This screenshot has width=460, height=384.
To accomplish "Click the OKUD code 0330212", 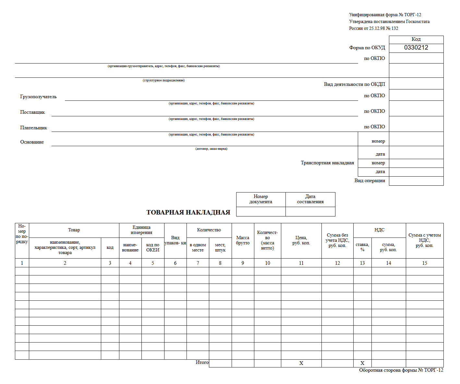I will [x=416, y=48].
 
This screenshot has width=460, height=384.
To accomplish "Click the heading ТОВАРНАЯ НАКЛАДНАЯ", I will [x=188, y=212].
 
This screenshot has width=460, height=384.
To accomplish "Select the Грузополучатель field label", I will [x=38, y=97].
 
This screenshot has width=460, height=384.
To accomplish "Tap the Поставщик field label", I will [x=32, y=112].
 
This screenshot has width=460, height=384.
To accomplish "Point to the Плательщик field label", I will [x=33, y=128].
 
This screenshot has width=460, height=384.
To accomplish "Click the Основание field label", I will [x=32, y=142].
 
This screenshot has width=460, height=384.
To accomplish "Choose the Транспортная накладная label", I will [x=327, y=163].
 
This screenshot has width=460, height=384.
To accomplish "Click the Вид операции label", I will [x=369, y=180].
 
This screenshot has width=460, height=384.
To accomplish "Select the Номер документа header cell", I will [x=260, y=199].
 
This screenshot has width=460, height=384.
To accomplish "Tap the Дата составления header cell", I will [x=310, y=199].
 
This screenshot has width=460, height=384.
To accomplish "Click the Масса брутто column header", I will [x=243, y=240].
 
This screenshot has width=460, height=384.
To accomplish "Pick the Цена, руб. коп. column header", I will [x=301, y=240].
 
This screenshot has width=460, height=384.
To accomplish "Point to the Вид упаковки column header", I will [x=175, y=240].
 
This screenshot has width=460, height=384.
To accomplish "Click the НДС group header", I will [x=379, y=230].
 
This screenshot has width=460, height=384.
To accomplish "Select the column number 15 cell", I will [x=424, y=263].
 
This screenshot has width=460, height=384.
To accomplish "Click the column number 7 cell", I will [x=198, y=263].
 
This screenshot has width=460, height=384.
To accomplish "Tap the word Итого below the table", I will [x=202, y=362].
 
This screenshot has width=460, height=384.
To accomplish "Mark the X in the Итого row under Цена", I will [x=301, y=363].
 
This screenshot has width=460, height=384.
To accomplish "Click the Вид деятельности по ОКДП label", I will [x=354, y=84].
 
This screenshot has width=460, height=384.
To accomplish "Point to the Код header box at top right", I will [x=416, y=39].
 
